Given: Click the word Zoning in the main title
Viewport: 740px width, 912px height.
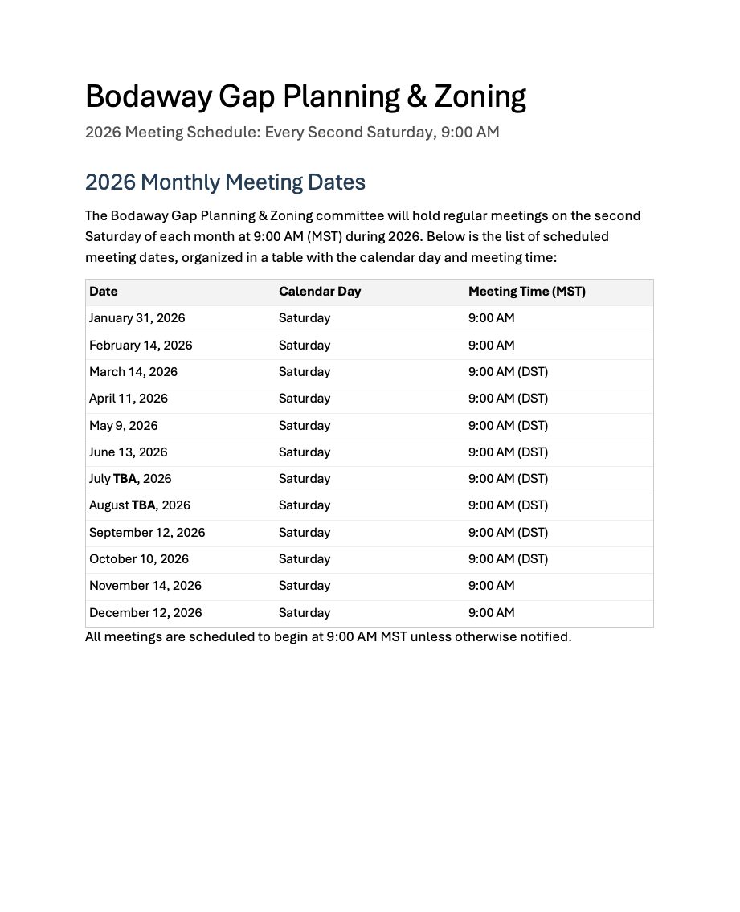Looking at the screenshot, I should [x=480, y=96].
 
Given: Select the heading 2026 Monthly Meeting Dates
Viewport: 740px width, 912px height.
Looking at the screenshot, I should [x=225, y=182].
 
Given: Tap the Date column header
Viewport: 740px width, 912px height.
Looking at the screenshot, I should [x=104, y=292].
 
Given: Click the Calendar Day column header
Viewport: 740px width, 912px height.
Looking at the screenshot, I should [x=320, y=292].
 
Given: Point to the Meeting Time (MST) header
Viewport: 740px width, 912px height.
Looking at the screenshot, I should [x=527, y=292].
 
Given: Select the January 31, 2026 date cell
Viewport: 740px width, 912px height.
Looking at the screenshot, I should [x=137, y=318].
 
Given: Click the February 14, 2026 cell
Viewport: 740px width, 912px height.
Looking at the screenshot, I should [x=141, y=346].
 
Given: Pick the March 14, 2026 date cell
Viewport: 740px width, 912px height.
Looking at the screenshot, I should [x=133, y=372].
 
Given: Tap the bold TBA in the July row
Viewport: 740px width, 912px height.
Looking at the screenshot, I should [x=125, y=479].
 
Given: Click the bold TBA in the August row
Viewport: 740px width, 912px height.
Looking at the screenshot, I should [x=143, y=505].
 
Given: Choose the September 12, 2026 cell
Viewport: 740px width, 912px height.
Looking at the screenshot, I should [x=147, y=533].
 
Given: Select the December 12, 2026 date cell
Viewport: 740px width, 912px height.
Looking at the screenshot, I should [x=145, y=613].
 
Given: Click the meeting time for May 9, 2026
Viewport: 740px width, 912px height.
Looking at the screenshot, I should [x=508, y=426].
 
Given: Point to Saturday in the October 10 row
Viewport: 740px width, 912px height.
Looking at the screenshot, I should [x=305, y=559].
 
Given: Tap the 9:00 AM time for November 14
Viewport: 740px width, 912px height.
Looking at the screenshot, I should [x=492, y=586].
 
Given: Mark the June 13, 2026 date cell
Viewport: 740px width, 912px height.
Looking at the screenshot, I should [x=129, y=452].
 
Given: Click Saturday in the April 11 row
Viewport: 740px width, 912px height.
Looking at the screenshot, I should [x=305, y=399].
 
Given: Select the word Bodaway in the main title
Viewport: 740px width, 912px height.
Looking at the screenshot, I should [x=148, y=96].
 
